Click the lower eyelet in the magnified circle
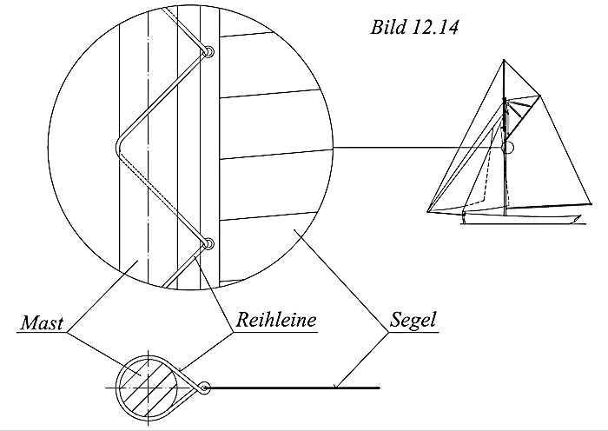[208, 245]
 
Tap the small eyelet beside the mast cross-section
[204, 388]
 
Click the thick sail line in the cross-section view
[295, 388]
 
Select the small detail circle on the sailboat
[508, 149]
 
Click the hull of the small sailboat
[521, 218]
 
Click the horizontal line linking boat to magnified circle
[417, 149]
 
